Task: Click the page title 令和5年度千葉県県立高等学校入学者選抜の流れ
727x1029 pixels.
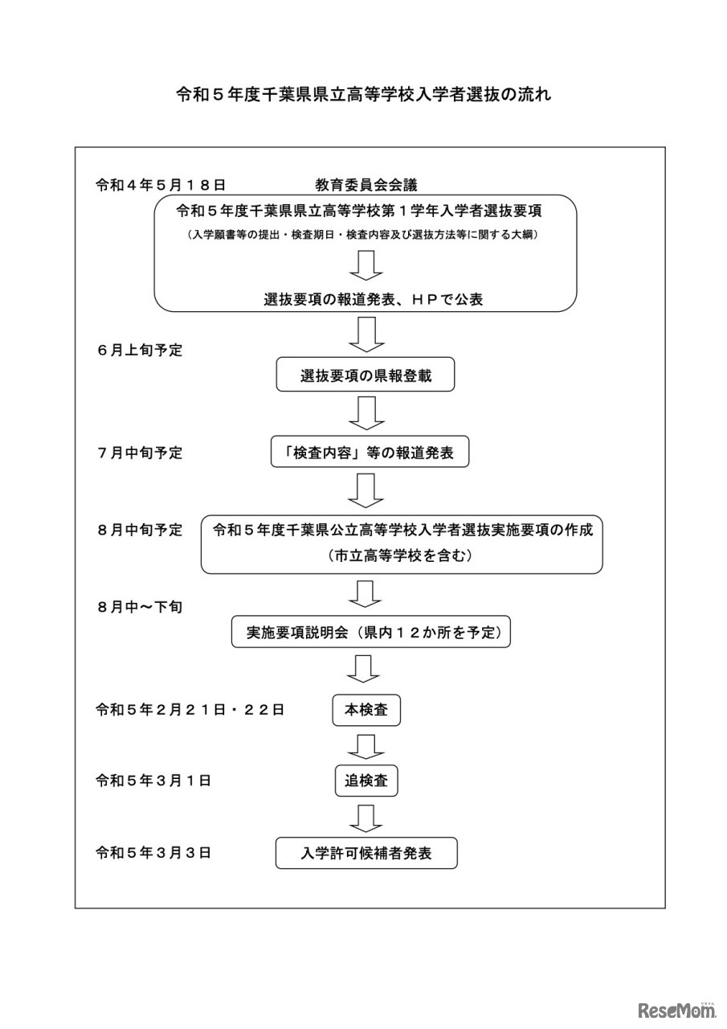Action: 363,94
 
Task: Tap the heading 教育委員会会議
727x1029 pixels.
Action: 366,185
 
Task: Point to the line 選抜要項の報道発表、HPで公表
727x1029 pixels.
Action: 373,298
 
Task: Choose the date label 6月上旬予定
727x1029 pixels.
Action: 140,351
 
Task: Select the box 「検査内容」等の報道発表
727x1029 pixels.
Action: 370,453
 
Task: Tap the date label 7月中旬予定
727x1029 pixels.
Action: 140,453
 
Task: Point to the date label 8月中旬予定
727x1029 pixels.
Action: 140,531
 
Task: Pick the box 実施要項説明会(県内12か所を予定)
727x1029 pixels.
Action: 371,633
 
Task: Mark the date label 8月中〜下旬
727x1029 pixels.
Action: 140,607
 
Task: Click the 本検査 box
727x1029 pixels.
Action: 366,710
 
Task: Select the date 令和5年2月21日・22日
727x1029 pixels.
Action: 190,710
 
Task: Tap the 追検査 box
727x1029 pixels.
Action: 366,780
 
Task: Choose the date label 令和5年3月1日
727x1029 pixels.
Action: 153,780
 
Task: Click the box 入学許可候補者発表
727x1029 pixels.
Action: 366,853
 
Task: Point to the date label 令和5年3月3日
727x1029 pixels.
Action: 153,853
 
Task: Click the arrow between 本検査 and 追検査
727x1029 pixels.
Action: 366,745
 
